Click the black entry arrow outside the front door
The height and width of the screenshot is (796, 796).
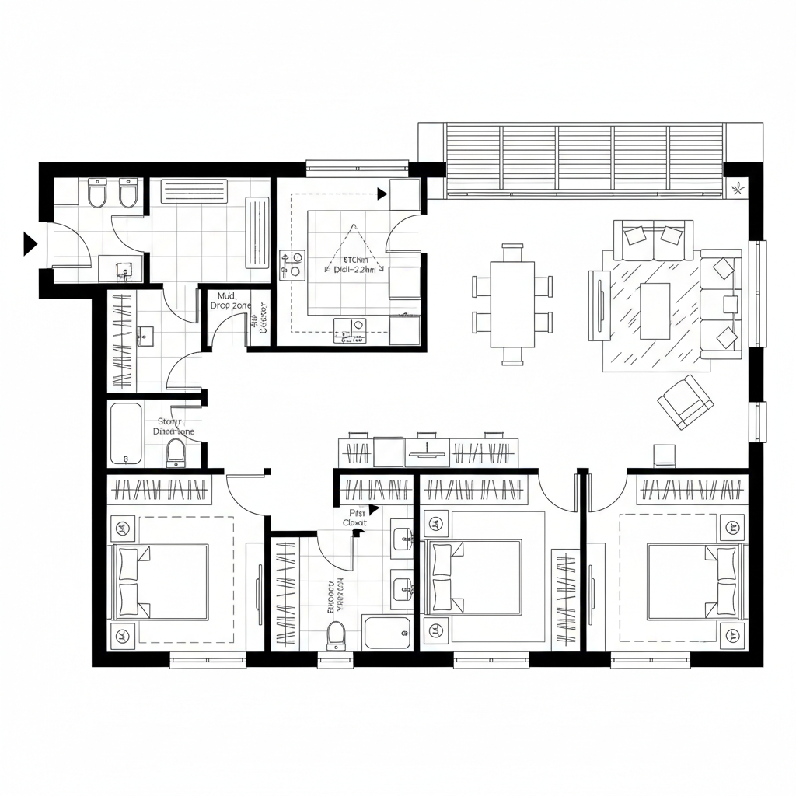tap(30, 243)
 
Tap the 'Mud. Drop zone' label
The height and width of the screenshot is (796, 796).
tap(230, 301)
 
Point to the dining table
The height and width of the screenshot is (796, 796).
tap(512, 304)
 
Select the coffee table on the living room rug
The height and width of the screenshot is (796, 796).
tap(655, 310)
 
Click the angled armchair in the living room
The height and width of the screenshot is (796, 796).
tap(685, 401)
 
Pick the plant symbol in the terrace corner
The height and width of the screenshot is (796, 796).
tap(736, 188)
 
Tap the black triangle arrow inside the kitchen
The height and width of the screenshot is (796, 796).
tap(382, 193)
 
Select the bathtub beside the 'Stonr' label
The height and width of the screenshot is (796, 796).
tap(124, 434)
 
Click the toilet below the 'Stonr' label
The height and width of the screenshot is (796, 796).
tap(176, 452)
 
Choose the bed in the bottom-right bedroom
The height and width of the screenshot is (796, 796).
tap(692, 581)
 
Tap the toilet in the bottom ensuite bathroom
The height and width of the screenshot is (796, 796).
tap(336, 634)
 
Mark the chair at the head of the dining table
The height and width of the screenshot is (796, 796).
tap(512, 253)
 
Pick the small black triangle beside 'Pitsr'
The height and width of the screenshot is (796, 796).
tap(374, 509)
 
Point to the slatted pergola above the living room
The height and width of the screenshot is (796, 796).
tap(585, 159)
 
